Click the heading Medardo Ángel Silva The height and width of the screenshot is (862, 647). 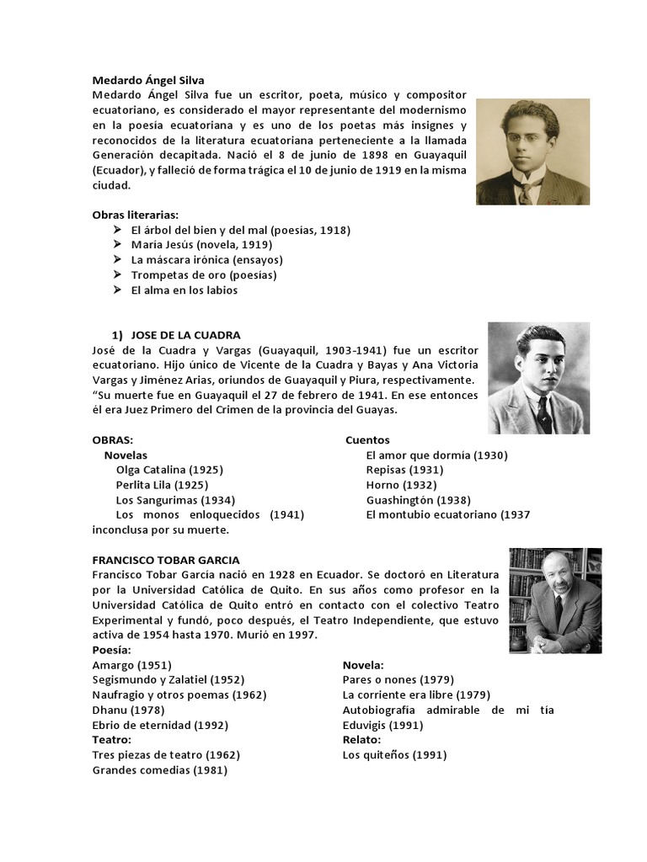click(148, 81)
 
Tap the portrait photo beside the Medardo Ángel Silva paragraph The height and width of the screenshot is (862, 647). click(532, 152)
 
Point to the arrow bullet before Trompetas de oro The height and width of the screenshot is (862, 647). click(116, 275)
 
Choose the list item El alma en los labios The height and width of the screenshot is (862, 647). click(184, 290)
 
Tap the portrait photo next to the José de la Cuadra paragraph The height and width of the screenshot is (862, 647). click(538, 378)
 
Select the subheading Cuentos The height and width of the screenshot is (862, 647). click(367, 440)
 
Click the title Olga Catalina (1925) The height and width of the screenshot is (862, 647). click(169, 470)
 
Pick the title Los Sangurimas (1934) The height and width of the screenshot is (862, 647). click(174, 500)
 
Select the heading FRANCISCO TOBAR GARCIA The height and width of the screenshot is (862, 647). click(165, 560)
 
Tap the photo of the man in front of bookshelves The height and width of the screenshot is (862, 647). click(554, 600)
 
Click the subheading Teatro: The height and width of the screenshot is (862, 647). click(112, 740)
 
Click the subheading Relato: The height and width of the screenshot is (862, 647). click(363, 740)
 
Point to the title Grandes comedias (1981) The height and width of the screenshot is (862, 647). click(159, 770)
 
